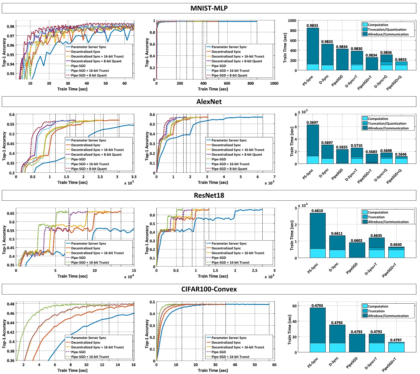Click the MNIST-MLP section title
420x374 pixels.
pyautogui.click(x=209, y=8)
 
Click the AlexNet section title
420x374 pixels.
pyautogui.click(x=209, y=102)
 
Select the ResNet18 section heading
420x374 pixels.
pyautogui.click(x=209, y=196)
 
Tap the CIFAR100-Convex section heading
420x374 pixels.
pyautogui.click(x=209, y=289)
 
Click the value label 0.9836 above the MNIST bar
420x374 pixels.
pyautogui.click(x=386, y=52)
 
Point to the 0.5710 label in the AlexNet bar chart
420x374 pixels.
pyautogui.click(x=356, y=146)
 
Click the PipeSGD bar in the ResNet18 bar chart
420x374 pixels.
pyautogui.click(x=357, y=250)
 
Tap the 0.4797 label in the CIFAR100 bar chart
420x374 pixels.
pyautogui.click(x=396, y=340)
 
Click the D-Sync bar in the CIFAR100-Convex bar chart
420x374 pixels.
pyautogui.click(x=337, y=338)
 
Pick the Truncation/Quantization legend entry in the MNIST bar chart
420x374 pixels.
pyautogui.click(x=387, y=30)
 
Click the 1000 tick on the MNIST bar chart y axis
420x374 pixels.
pyautogui.click(x=292, y=21)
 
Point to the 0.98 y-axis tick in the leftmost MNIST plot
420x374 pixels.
pyautogui.click(x=11, y=26)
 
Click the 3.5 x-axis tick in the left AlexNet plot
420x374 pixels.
pyautogui.click(x=134, y=177)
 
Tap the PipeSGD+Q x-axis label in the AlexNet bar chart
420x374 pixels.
pyautogui.click(x=394, y=176)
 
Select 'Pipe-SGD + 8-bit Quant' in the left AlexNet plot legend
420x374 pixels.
pyautogui.click(x=89, y=169)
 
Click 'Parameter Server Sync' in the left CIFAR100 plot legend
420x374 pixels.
pyautogui.click(x=89, y=338)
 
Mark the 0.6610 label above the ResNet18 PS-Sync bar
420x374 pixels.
pyautogui.click(x=317, y=211)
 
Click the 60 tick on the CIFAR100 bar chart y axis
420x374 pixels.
pyautogui.click(x=294, y=306)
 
